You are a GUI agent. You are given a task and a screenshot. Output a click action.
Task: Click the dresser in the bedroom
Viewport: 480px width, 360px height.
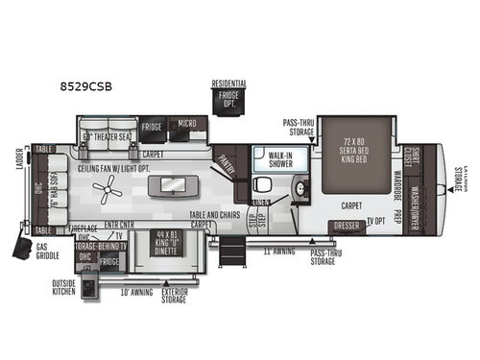[348, 227]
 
